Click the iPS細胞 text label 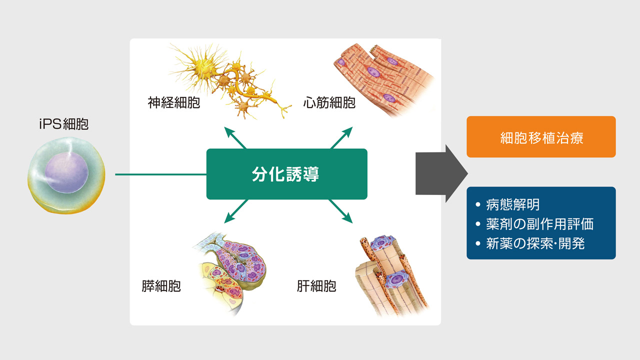pos(64,124)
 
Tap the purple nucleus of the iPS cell pos(66,172)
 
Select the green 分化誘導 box pos(287,174)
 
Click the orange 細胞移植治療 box pos(541,136)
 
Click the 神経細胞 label pos(173,102)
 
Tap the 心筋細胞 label pos(329,102)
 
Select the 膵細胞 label pos(161,286)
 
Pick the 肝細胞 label pos(316,286)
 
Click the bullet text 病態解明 pos(513,204)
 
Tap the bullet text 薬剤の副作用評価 pos(540,224)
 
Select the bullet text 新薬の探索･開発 pos(535,243)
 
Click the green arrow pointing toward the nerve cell pos(235,137)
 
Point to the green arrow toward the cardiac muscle pos(341,137)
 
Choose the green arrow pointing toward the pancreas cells pos(236,211)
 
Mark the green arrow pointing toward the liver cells pos(340,211)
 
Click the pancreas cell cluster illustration pos(230,273)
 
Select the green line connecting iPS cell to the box pos(160,174)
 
